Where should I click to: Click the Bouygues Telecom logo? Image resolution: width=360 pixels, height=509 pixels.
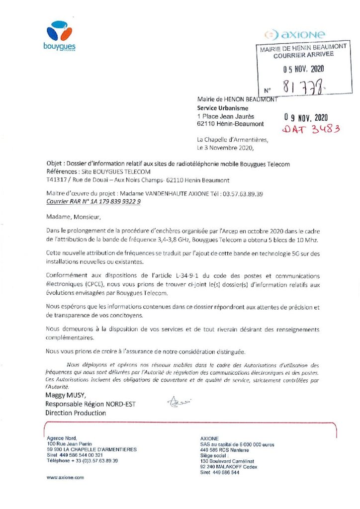(x=61, y=37)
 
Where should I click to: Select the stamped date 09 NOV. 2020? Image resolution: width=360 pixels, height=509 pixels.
(x=306, y=118)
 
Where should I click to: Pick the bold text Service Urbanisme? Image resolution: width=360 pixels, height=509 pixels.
(x=222, y=108)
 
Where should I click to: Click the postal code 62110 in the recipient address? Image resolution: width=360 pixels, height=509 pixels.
(x=206, y=124)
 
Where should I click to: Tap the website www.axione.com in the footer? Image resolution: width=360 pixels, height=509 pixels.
(x=65, y=477)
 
